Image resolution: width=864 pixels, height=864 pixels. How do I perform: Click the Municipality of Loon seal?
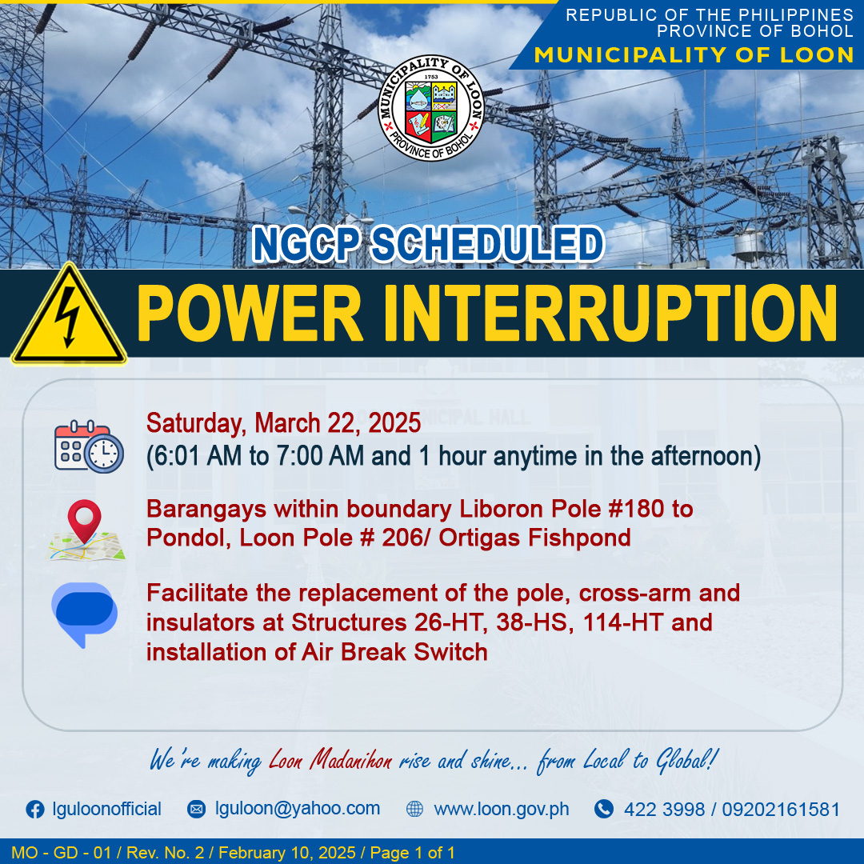[x=431, y=108]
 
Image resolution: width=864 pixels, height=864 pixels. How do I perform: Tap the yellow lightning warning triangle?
[x=69, y=314]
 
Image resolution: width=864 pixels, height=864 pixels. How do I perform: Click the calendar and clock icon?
[x=89, y=446]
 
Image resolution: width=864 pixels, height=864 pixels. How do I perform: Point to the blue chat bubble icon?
[x=84, y=614]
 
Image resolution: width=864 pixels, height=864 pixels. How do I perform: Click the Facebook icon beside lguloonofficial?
[x=35, y=810]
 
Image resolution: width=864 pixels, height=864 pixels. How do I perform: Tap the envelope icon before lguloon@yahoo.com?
[x=196, y=809]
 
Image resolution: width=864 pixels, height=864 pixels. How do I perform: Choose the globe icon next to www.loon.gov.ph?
[x=414, y=809]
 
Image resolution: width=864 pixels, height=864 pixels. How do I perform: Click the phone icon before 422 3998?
[x=604, y=809]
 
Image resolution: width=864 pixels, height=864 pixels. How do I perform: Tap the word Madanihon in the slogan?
[x=350, y=761]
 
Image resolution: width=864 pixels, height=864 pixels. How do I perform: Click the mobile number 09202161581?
[x=781, y=810]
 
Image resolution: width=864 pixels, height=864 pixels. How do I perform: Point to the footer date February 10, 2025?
[x=287, y=853]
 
